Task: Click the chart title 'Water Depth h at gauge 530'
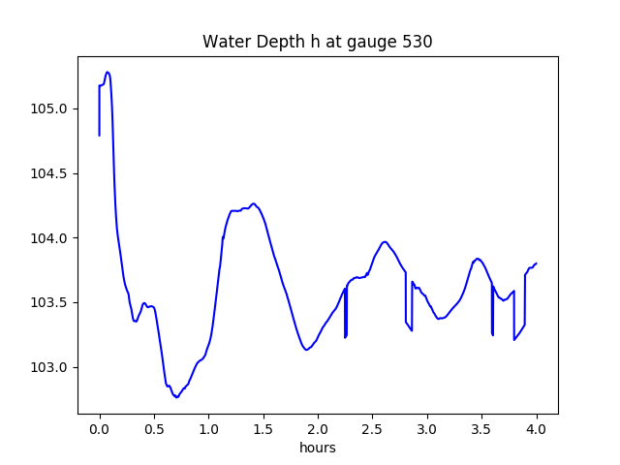point(317,43)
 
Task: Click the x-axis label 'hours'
point(317,449)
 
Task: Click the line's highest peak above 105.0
point(108,72)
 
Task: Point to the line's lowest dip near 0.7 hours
point(176,397)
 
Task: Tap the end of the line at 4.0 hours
point(536,263)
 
